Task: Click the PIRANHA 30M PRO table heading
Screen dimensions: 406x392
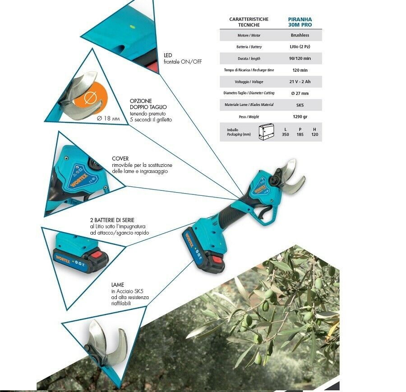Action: click(300, 22)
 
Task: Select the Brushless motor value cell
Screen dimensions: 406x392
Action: click(300, 35)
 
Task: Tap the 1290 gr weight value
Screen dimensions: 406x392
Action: click(300, 117)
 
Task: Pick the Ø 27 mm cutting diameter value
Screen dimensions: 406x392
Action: click(300, 93)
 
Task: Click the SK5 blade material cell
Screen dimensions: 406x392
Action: click(300, 105)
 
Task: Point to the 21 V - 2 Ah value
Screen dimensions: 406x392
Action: click(300, 82)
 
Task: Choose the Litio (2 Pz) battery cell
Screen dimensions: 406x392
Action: click(300, 46)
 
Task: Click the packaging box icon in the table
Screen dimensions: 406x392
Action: click(266, 132)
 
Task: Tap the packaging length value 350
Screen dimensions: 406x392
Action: click(286, 134)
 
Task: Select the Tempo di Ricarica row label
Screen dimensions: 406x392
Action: click(249, 70)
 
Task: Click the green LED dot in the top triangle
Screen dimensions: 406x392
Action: click(132, 26)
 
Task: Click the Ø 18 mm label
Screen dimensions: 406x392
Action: click(108, 118)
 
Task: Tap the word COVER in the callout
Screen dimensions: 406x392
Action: click(120, 158)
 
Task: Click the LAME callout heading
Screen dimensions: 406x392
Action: click(118, 285)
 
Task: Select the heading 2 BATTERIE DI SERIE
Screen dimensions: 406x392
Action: click(112, 220)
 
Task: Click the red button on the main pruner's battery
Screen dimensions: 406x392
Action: click(217, 259)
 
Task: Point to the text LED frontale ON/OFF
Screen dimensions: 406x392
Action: click(183, 59)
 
